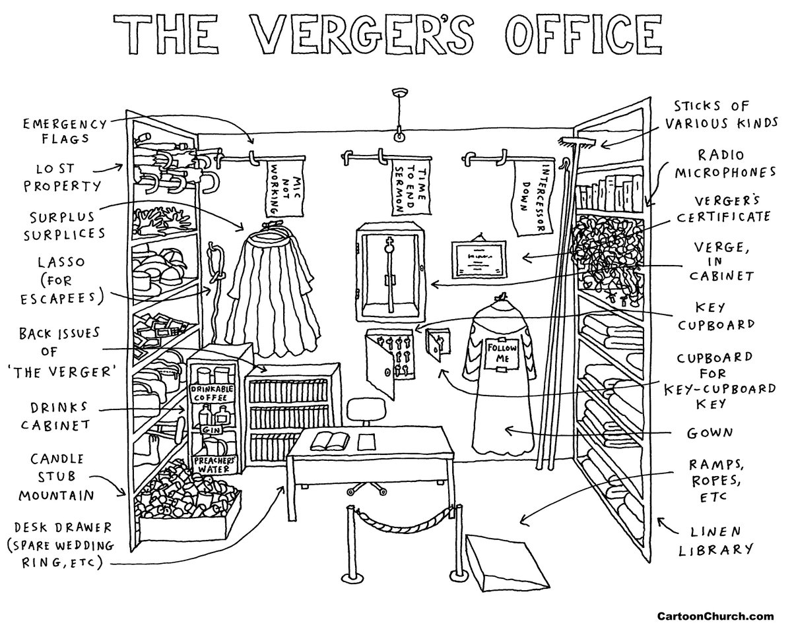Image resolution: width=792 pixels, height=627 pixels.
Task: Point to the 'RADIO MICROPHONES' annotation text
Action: pyautogui.click(x=719, y=163)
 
